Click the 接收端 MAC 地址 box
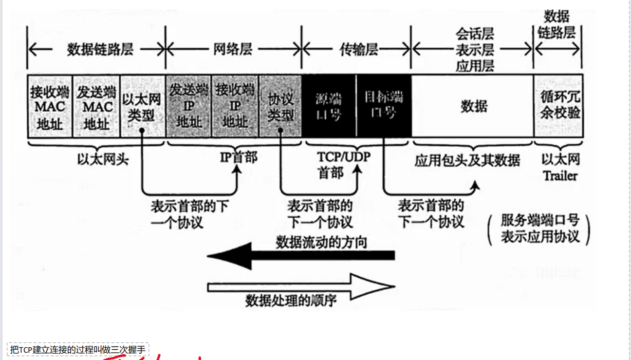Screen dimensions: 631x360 click(50, 106)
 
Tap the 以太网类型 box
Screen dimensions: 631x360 click(142, 106)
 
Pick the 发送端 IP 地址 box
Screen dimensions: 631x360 click(188, 106)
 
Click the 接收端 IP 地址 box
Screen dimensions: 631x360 click(235, 106)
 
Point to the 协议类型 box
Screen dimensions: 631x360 click(280, 106)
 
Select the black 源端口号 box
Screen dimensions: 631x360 click(329, 106)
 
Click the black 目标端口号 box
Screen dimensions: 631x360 click(384, 106)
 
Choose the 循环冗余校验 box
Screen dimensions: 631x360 click(559, 106)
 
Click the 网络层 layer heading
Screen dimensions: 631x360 click(233, 50)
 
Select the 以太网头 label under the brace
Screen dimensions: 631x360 click(103, 159)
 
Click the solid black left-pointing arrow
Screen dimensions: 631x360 click(301, 255)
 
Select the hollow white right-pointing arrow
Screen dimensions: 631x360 click(301, 286)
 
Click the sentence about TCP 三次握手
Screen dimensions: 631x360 click(78, 350)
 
